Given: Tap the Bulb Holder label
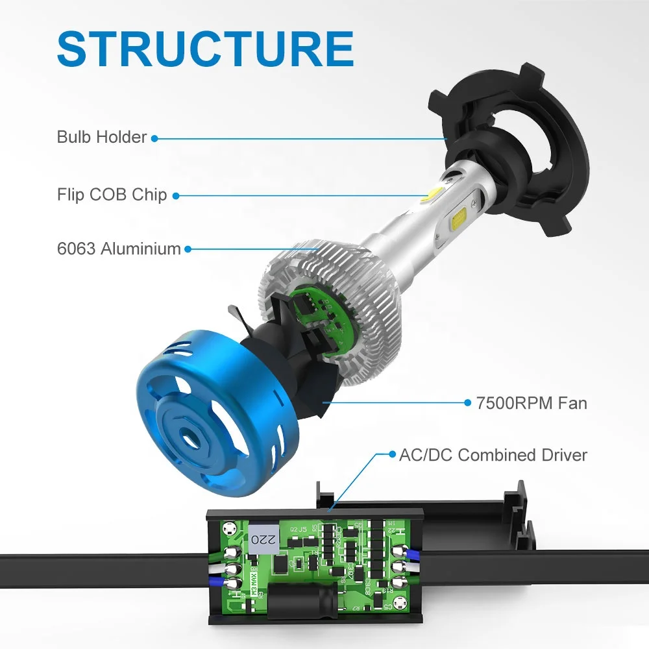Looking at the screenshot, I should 102,137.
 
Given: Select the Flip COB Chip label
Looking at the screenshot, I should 112,195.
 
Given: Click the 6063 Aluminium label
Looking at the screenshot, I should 119,249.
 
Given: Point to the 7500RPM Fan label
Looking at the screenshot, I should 531,403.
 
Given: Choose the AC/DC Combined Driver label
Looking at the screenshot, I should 493,454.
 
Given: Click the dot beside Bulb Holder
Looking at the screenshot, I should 154,138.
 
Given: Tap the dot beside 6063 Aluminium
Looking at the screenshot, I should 188,249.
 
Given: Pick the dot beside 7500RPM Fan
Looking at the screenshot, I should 467,403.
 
